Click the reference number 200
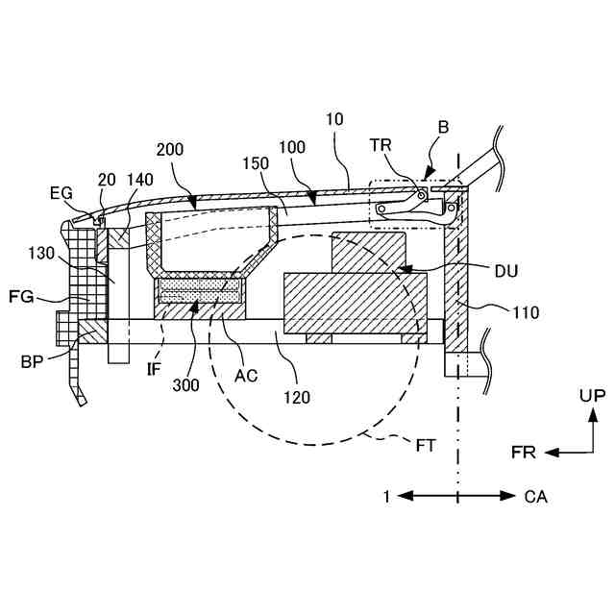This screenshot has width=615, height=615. coord(170,152)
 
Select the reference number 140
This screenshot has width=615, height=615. coord(139,179)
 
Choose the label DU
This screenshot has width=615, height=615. coord(505,272)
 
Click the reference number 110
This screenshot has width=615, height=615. coord(527,311)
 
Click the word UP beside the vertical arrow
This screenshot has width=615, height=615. coord(592,395)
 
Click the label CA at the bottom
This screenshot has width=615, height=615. coord(536,497)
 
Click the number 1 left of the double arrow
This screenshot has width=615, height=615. coord(385,497)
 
